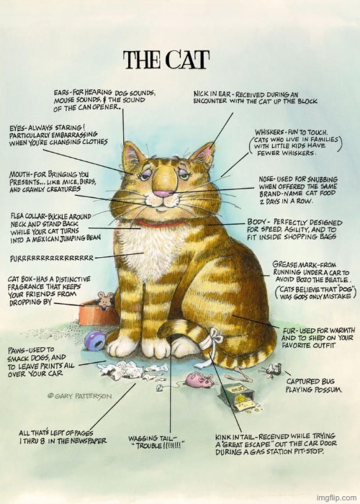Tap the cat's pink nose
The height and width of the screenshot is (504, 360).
click(163, 193)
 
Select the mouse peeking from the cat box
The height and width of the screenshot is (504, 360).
click(104, 300)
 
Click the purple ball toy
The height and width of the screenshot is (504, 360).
click(95, 340)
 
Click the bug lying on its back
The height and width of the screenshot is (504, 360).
click(270, 371)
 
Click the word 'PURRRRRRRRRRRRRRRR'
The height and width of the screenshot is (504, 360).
click(51, 257)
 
